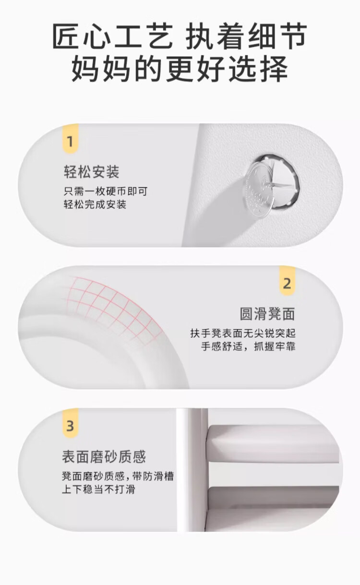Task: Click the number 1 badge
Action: pos(70,142)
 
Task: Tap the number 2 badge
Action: pos(287,283)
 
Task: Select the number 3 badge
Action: pos(70,425)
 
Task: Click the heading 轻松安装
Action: pos(91,172)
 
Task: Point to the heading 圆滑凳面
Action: pos(267,314)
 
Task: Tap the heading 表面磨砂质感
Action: pos(104,456)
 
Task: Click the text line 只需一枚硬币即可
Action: pos(105,191)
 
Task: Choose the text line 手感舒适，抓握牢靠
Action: pos(248,346)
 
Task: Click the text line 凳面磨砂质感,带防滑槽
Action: pos(118,477)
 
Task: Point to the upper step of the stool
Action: pos(274,444)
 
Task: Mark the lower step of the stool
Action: pos(274,499)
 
